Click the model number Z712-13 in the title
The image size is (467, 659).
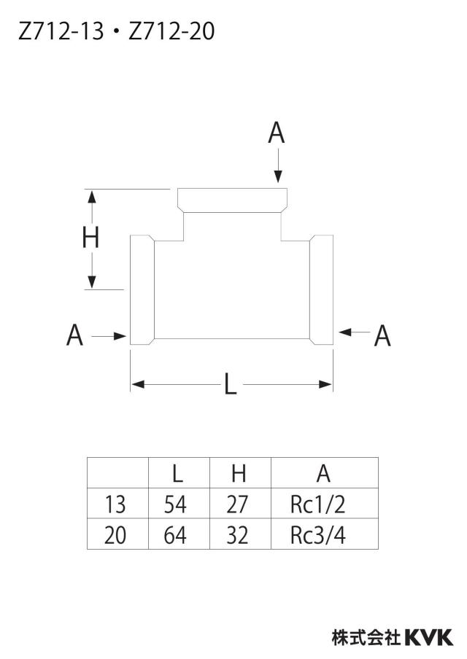pos(61,31)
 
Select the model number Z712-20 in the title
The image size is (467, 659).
pos(171,31)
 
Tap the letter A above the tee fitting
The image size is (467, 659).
pos(277,133)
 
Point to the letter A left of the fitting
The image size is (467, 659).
pos(74,335)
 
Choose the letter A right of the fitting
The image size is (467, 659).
pos(382,336)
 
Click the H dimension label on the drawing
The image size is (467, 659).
pos(90,238)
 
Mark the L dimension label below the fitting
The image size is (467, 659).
pos(230,384)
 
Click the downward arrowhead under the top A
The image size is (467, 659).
pos(278,176)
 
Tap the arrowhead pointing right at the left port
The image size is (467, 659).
pos(120,336)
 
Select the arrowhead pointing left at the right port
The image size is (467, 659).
pos(345,332)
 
